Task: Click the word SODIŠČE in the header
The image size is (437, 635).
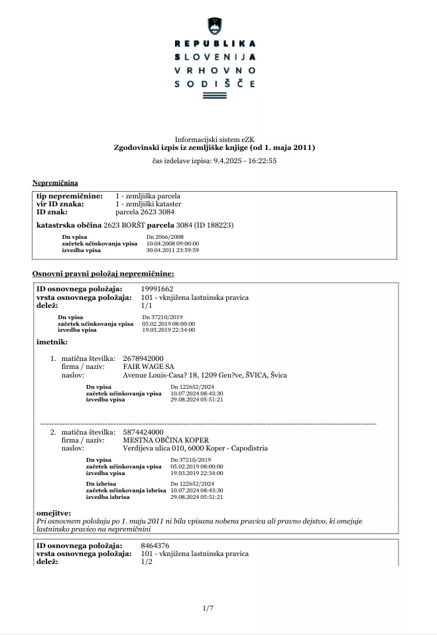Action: point(214,84)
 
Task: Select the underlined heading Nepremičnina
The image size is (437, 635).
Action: point(55,182)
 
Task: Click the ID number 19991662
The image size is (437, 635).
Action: point(157,289)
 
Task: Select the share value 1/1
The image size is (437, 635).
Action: point(147,307)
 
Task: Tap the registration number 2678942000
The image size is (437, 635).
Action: point(145,358)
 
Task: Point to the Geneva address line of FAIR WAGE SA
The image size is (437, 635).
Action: point(205,375)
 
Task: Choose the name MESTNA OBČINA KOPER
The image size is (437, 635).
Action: point(166,440)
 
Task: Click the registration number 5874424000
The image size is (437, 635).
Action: point(145,432)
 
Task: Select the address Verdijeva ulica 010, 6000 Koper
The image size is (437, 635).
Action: point(196,448)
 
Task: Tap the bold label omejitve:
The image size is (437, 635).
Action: point(54,513)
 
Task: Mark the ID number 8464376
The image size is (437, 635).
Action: point(155,545)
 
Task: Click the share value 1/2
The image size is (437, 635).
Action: point(147,562)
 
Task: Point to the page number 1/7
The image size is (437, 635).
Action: point(208,609)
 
